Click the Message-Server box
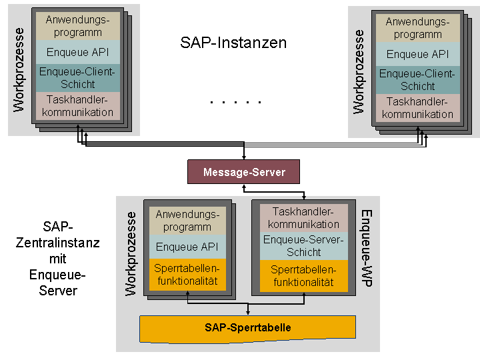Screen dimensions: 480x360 (244, 172)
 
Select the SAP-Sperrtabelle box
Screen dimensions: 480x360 (247, 329)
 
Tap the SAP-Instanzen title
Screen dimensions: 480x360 (233, 43)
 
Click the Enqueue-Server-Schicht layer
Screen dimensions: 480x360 (304, 246)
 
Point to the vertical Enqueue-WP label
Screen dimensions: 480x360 (367, 248)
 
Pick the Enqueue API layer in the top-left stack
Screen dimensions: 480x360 (78, 52)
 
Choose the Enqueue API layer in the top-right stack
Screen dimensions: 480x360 (418, 54)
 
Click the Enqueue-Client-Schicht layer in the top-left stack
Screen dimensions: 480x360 (78, 78)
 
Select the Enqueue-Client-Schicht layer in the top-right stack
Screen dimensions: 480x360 (418, 80)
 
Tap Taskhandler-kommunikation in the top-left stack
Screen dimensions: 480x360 (78, 106)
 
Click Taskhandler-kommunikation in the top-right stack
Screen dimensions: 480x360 (418, 108)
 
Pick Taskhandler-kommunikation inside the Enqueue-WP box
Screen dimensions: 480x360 (304, 218)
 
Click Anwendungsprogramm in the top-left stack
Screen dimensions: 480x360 (78, 26)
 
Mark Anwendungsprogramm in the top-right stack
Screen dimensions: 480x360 (418, 28)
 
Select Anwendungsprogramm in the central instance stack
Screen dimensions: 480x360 (187, 221)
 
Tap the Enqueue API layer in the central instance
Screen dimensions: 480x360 (187, 247)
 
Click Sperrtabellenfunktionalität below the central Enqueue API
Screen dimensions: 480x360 (187, 275)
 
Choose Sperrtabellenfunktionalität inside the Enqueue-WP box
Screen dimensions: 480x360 (304, 276)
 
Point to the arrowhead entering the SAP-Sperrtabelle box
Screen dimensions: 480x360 (247, 313)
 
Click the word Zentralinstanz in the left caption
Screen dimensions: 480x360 (58, 243)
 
